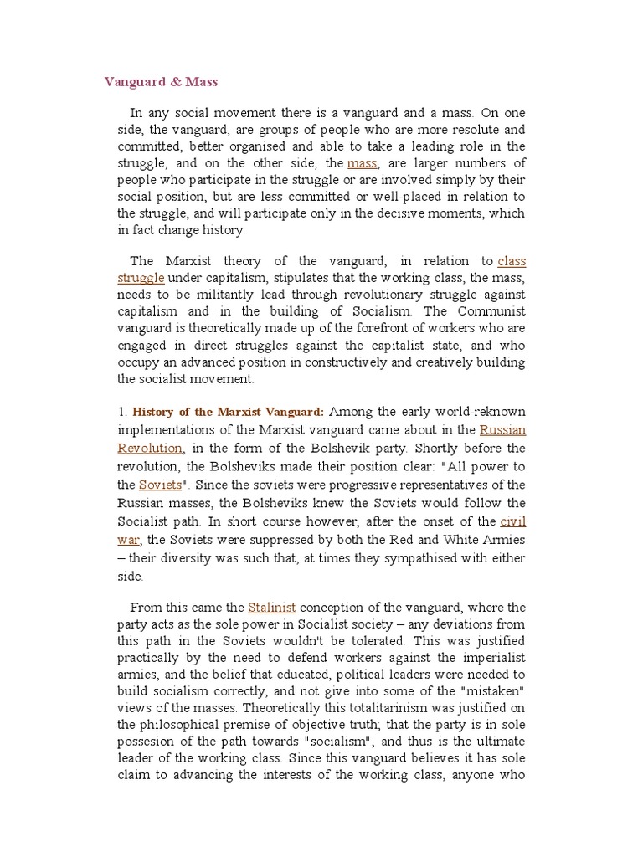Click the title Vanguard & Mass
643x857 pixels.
point(161,81)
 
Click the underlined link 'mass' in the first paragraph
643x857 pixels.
point(362,163)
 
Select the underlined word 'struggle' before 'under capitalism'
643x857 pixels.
point(140,278)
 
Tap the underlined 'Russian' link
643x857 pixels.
point(502,429)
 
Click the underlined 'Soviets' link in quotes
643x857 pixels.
point(160,485)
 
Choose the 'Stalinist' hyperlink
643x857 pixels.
point(272,607)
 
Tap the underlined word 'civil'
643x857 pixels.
point(512,521)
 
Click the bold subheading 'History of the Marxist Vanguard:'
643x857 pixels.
point(229,412)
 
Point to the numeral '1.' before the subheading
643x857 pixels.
point(122,412)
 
